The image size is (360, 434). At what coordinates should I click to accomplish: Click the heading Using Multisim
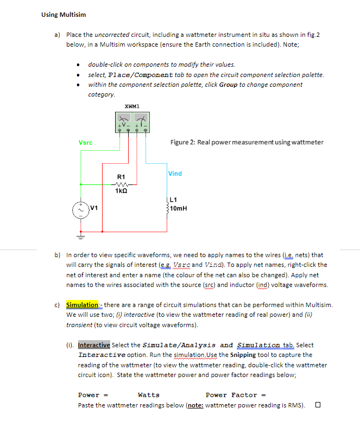[64, 15]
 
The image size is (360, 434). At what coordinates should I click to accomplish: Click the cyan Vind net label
[175, 174]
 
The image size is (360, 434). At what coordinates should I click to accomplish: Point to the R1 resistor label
[121, 177]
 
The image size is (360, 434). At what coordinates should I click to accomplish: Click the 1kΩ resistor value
[121, 190]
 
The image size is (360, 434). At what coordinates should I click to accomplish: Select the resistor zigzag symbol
[121, 184]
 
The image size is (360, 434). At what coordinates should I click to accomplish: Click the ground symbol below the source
[81, 236]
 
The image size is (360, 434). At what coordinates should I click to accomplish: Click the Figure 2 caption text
[247, 142]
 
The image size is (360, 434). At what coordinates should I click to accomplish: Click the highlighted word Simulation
[82, 305]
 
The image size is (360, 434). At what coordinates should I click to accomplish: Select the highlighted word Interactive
[94, 345]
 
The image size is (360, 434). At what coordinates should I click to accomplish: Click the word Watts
[149, 395]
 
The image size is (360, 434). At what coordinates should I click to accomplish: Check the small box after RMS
[318, 405]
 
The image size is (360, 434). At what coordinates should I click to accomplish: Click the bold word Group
[228, 85]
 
